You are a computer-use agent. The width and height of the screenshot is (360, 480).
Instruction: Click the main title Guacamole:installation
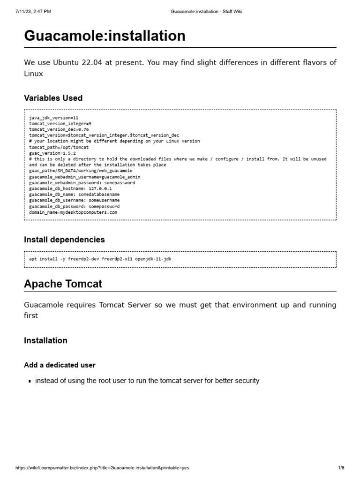click(105, 36)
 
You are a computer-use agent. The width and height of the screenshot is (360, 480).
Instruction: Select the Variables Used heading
click(53, 98)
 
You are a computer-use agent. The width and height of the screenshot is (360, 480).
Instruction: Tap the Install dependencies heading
click(64, 240)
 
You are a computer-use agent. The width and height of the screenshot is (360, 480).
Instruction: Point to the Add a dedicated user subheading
click(60, 365)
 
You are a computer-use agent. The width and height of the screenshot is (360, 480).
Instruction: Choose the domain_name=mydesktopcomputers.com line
click(73, 212)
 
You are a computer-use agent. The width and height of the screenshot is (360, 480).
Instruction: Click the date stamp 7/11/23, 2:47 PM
click(33, 12)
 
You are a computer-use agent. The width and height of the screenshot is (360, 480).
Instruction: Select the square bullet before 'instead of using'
click(30, 382)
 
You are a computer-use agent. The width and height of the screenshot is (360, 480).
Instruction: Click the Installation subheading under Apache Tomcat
click(45, 340)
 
